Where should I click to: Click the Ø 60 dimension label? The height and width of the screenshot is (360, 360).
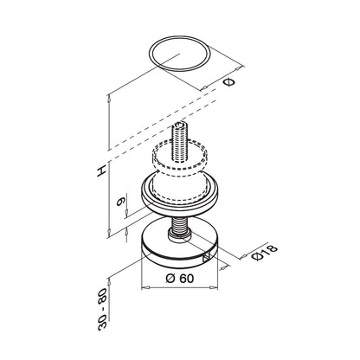point(180,279)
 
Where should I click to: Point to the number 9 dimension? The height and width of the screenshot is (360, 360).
point(120,201)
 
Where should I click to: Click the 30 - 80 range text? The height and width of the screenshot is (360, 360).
point(103,309)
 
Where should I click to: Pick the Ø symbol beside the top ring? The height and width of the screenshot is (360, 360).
point(229,82)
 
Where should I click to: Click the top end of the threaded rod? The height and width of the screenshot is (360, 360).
point(180,125)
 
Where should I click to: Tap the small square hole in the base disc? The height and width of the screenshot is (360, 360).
point(207,257)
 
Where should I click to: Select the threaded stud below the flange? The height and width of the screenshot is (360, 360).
point(179,223)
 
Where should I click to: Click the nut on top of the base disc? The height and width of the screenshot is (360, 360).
point(179,235)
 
